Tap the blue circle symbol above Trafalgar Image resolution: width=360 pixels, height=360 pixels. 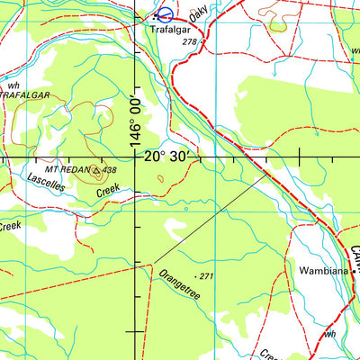pos(165,14)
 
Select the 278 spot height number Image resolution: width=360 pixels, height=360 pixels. pos(188,42)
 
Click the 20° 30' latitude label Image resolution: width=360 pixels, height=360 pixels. pos(168,157)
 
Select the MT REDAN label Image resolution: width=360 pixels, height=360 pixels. pos(70,169)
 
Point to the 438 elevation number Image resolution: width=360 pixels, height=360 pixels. pos(110,169)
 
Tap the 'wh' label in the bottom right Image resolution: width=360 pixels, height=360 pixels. pos(330,334)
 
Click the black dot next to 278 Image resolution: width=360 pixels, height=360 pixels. pos(202,41)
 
